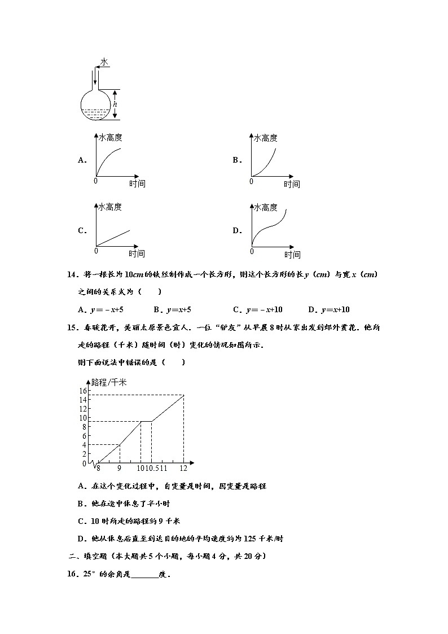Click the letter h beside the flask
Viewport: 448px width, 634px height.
[x=115, y=104]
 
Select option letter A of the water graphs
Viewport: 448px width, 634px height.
[x=82, y=160]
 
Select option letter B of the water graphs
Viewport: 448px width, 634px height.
[x=236, y=160]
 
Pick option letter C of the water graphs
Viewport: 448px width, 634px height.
[x=82, y=230]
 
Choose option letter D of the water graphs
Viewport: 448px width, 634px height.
[x=236, y=230]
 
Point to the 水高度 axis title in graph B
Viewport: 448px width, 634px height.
[x=265, y=138]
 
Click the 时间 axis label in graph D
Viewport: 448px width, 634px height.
[x=292, y=255]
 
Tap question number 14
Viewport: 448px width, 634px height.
[x=71, y=274]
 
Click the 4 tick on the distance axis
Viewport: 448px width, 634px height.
[x=84, y=445]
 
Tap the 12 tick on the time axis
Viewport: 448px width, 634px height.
[x=184, y=468]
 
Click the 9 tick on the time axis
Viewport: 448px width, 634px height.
[x=119, y=468]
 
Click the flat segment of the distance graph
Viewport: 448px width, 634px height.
[x=146, y=421]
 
